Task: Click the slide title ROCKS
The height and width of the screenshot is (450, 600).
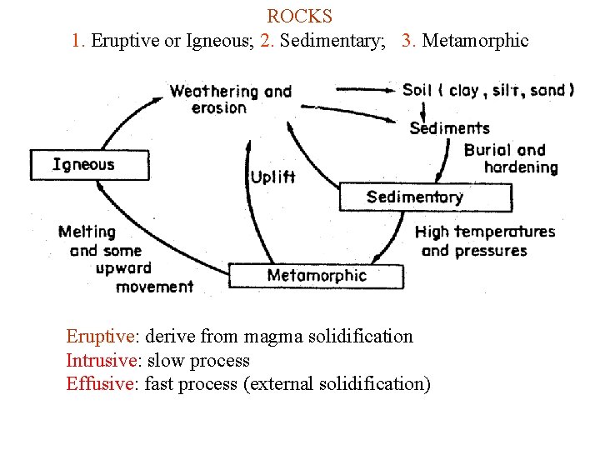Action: [300, 16]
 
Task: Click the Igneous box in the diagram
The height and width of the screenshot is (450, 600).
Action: [90, 165]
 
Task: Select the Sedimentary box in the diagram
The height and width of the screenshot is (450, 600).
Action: [425, 197]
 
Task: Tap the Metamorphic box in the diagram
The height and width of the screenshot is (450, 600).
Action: [316, 276]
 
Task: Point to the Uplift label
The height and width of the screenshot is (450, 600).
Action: [272, 177]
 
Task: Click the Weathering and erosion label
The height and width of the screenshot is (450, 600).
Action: [230, 99]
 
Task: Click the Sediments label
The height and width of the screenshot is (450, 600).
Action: [449, 128]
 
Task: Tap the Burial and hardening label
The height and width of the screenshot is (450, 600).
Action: [510, 158]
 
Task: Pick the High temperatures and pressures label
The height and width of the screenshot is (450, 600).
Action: [484, 241]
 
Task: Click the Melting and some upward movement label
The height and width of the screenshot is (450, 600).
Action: [125, 259]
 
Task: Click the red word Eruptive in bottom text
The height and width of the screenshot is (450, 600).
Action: [100, 337]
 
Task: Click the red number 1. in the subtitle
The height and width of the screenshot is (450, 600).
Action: [78, 40]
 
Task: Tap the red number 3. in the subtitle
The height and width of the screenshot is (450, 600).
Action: [408, 40]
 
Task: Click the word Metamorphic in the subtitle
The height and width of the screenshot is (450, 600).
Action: [475, 40]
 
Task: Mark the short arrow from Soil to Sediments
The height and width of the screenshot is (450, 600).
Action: [424, 110]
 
